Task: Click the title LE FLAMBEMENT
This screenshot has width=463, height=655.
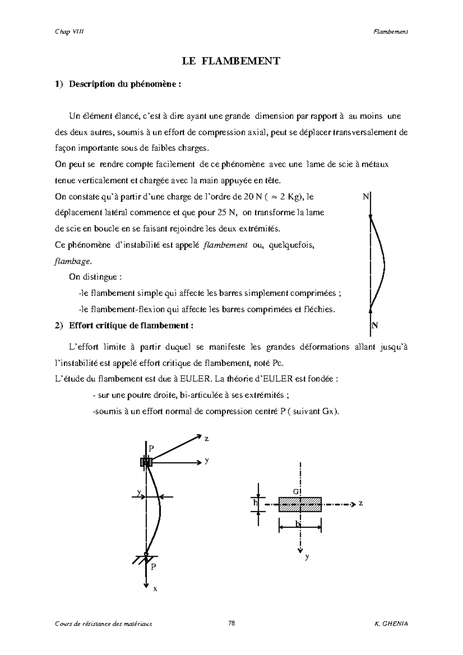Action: point(231,61)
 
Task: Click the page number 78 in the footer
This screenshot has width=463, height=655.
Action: point(231,623)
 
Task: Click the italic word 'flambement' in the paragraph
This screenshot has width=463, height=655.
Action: point(225,245)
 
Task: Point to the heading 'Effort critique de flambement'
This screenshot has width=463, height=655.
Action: point(131,326)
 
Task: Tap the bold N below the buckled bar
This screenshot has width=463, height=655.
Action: point(375,326)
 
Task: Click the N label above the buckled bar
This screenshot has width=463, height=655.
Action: point(365,197)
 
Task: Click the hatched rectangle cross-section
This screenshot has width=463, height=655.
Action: point(300,504)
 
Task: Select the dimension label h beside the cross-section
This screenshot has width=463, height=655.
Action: point(255,503)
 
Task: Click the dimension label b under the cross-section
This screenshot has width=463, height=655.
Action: point(297,524)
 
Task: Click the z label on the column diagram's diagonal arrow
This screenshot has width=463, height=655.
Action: point(206,439)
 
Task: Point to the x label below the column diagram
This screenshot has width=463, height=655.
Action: point(155,589)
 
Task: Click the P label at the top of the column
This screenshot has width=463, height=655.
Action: point(151,448)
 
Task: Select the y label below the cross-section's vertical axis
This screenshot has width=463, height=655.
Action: point(307,557)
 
